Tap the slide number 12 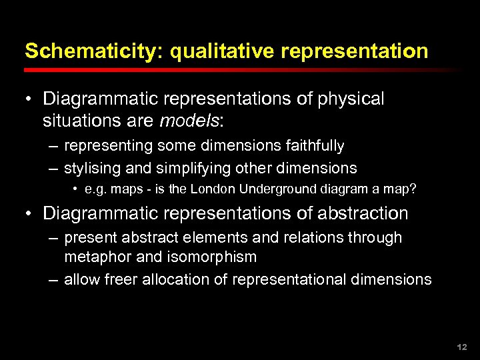coord(462,347)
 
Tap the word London coord(212,189)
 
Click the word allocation coord(175,279)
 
